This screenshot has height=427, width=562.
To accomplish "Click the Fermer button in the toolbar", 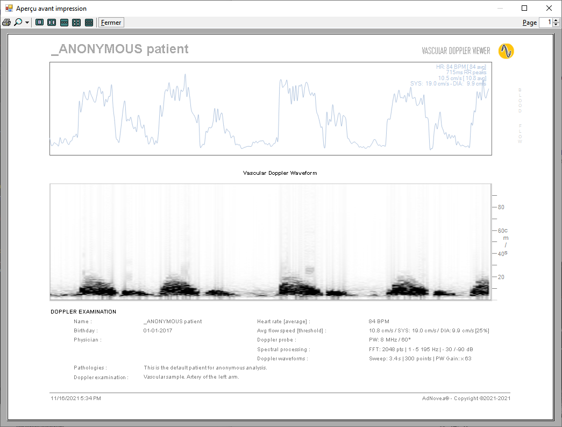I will [x=111, y=23].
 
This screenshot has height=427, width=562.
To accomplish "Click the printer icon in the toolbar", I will [x=6, y=23].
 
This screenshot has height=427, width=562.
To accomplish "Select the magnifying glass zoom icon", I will [x=18, y=23].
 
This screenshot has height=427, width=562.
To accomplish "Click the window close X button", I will [x=549, y=8].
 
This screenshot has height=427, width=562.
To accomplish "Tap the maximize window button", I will [x=524, y=8].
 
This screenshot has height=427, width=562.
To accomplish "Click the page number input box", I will [x=545, y=23].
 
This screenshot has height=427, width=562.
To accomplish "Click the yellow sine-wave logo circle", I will [x=506, y=51].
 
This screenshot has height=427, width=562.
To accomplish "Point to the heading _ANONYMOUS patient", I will [x=119, y=49].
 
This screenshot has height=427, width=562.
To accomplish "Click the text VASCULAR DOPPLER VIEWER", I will [x=456, y=51].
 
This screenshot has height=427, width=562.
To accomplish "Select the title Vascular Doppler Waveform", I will [x=280, y=173].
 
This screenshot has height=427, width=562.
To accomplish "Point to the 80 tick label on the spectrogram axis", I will [x=501, y=207].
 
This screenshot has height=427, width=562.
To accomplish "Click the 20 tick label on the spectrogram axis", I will [x=501, y=277].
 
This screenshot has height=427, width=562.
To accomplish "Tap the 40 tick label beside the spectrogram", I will [x=501, y=254].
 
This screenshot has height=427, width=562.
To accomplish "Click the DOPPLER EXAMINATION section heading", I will [x=83, y=312].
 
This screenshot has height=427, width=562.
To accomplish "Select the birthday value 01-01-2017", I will [x=158, y=331].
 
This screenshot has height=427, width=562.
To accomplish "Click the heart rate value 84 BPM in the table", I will [x=379, y=322].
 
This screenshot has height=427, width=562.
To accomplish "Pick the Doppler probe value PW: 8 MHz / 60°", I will [x=390, y=340].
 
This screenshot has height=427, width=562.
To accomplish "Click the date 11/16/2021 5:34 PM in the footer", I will [x=76, y=398].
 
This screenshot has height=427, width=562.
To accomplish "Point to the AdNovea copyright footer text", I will [x=466, y=398].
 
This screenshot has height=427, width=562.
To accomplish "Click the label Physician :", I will [x=88, y=340].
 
